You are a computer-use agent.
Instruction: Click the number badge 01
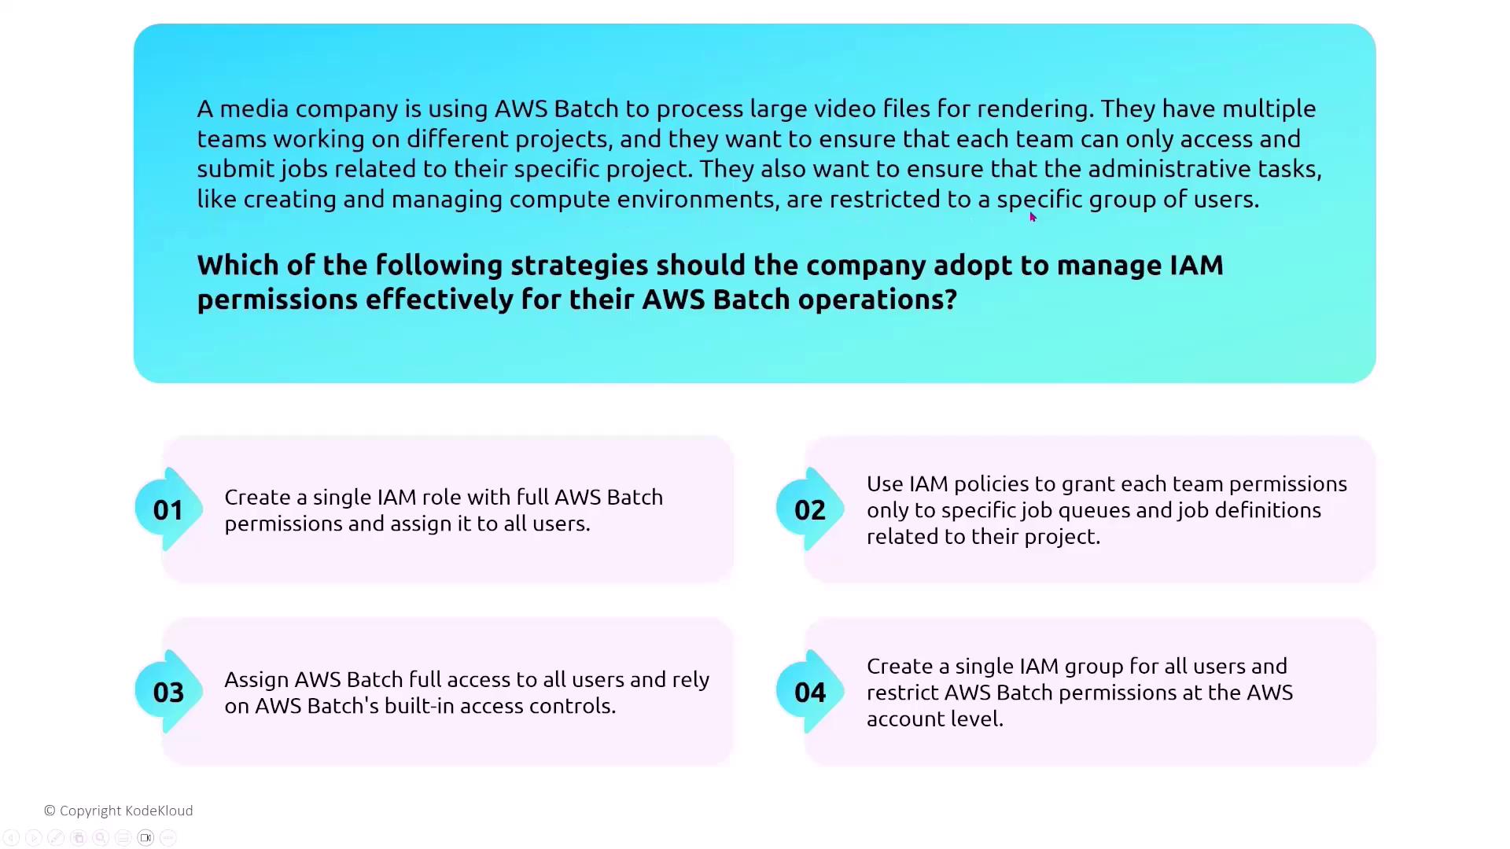(x=168, y=510)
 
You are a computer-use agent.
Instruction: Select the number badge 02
(x=810, y=510)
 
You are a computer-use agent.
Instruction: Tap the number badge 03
(x=168, y=693)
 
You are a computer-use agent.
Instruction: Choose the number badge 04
(x=810, y=693)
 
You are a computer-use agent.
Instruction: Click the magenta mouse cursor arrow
(x=1033, y=218)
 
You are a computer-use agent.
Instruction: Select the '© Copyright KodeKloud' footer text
(x=119, y=810)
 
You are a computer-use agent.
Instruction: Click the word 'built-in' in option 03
(x=418, y=706)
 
